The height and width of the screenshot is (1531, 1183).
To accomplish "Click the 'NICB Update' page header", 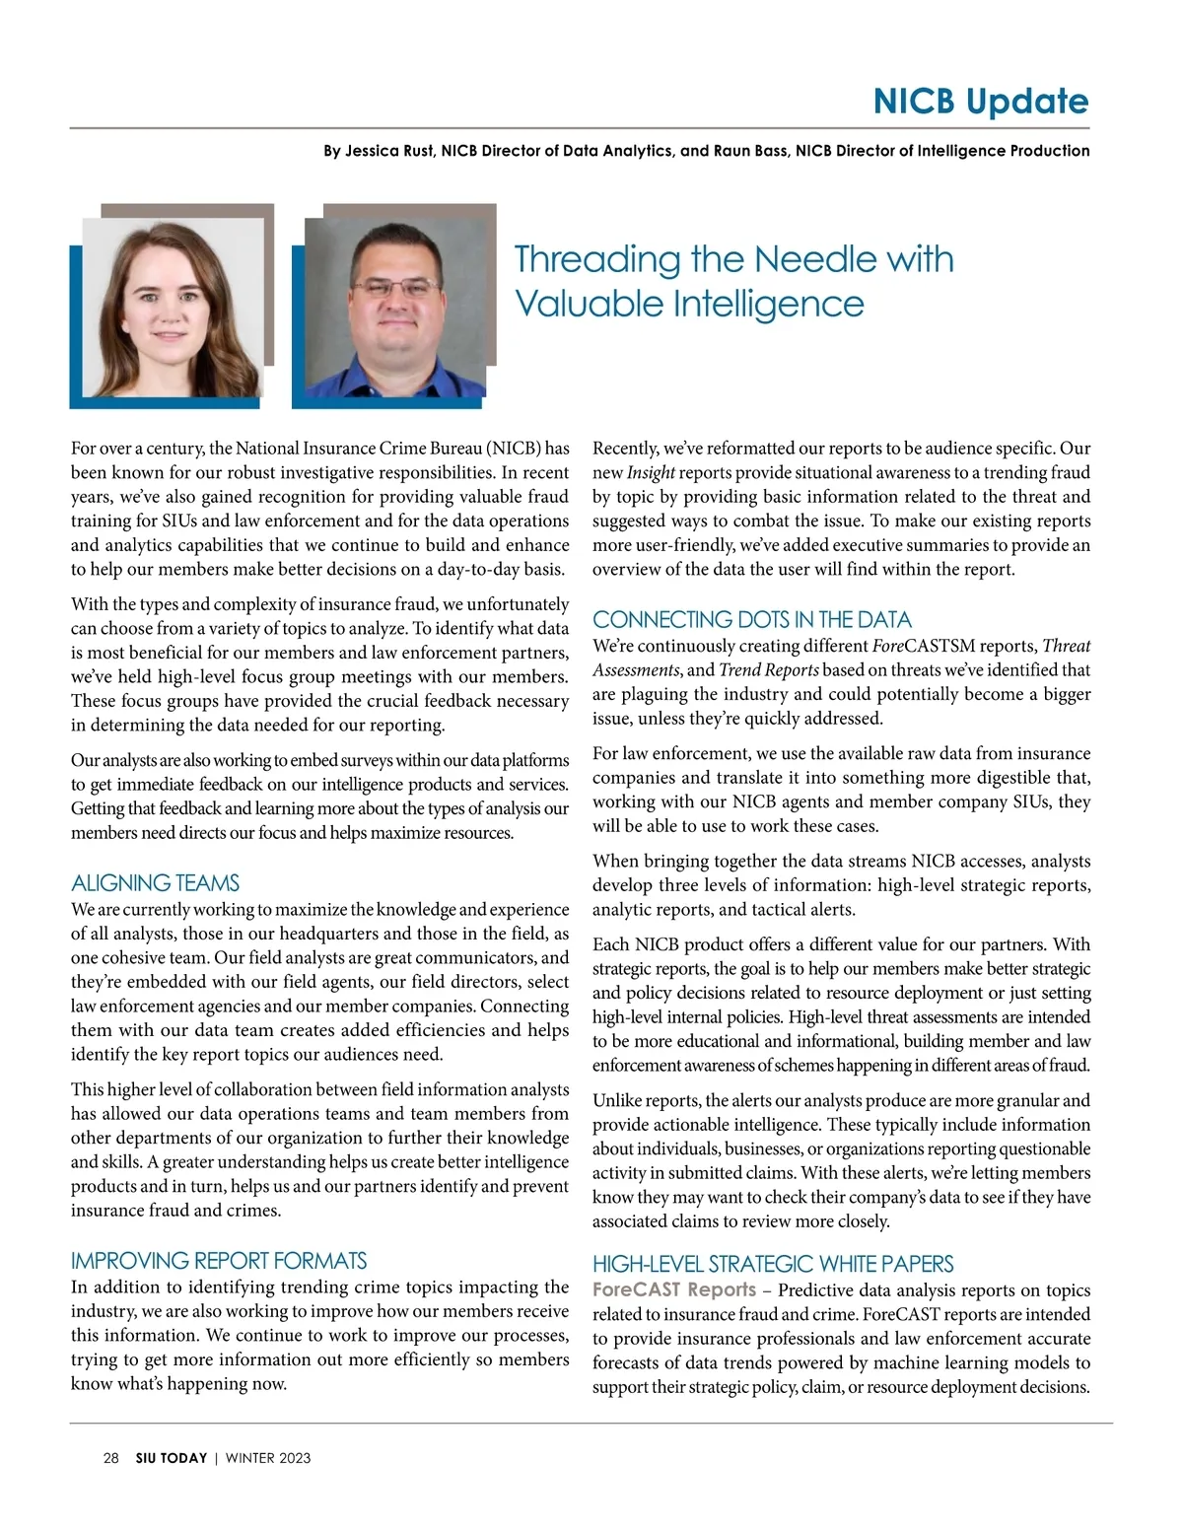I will click(980, 102).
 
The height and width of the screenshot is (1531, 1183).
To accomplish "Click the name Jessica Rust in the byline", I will click(389, 151).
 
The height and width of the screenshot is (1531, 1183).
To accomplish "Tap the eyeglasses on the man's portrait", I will click(395, 288).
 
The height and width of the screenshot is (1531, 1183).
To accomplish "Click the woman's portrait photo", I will click(172, 307).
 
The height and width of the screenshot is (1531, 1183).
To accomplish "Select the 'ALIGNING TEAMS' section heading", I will click(155, 882).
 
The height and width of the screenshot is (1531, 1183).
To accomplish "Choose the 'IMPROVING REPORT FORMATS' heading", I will click(218, 1260).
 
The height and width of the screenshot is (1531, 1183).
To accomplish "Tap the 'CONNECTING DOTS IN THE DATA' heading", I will click(751, 619).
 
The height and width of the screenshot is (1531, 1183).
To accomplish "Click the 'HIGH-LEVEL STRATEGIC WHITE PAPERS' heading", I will click(772, 1263).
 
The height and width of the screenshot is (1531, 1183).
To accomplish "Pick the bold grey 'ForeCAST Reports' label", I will click(673, 1289).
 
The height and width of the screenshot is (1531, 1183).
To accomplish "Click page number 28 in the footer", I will click(111, 1458).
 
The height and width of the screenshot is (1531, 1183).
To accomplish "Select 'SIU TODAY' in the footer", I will click(172, 1458).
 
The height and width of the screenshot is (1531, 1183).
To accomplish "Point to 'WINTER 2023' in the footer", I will click(268, 1458).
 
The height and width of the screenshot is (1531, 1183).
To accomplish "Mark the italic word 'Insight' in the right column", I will click(651, 473).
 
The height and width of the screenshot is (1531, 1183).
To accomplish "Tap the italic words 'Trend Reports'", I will click(769, 670).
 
